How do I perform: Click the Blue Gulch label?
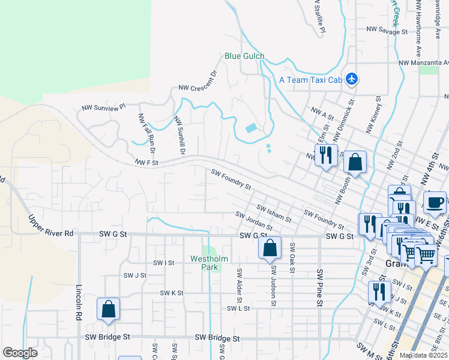pyautogui.click(x=244, y=56)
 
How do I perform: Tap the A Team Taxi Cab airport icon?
pyautogui.click(x=352, y=79)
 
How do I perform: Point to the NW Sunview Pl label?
pyautogui.click(x=103, y=107)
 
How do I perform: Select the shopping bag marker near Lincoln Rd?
pyautogui.click(x=109, y=309)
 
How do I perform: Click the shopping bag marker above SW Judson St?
pyautogui.click(x=270, y=247)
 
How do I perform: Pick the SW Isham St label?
pyautogui.click(x=274, y=213)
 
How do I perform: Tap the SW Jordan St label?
pyautogui.click(x=254, y=221)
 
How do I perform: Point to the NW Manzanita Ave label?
pyautogui.click(x=424, y=62)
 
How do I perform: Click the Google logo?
pyautogui.click(x=20, y=353)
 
